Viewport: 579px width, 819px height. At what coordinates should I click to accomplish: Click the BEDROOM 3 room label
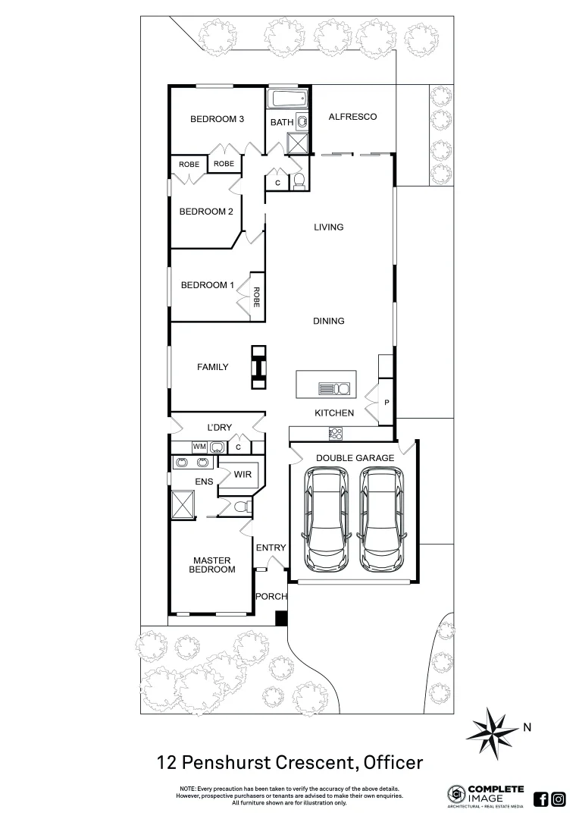(217, 119)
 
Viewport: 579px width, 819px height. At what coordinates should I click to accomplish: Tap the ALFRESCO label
(352, 117)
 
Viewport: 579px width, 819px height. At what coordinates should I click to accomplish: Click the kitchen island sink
(334, 389)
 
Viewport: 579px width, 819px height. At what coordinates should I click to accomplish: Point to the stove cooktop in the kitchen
(335, 434)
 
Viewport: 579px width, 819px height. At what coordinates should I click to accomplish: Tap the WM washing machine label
(199, 447)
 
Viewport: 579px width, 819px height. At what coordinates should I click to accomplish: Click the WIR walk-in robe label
(243, 475)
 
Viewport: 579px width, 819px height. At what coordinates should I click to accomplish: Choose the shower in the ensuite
(183, 504)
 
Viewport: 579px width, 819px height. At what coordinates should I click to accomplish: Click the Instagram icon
(559, 799)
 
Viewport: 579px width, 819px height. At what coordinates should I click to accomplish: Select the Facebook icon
(541, 799)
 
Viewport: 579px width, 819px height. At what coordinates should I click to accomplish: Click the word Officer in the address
(393, 761)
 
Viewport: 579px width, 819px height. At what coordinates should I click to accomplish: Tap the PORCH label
(271, 597)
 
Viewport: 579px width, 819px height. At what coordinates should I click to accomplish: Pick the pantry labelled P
(387, 403)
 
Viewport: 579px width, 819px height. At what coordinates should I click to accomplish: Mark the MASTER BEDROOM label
(212, 565)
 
